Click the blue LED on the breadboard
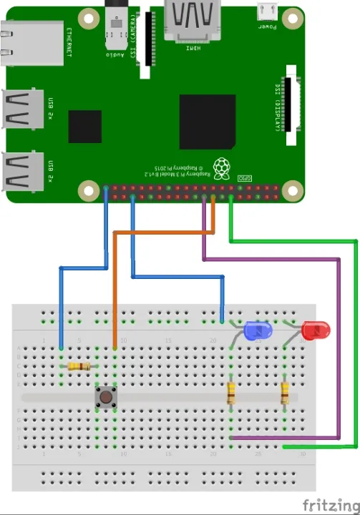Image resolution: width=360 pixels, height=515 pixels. coord(257,331)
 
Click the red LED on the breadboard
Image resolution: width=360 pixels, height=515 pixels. coord(315,331)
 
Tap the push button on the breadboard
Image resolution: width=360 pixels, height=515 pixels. coord(106,397)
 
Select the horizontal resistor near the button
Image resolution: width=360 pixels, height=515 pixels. coord(79,367)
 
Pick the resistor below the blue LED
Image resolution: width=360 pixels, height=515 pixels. coord(230,393)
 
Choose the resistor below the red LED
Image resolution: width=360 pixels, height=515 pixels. coord(285,393)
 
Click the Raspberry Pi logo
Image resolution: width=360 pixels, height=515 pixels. coord(224,168)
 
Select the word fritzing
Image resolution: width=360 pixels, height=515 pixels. coord(329,505)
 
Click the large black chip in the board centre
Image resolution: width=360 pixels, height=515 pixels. coord(208,122)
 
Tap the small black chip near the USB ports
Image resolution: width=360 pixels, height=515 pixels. coord(84,127)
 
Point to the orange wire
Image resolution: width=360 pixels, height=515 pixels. coord(115,286)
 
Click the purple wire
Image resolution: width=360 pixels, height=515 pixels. coord(337,343)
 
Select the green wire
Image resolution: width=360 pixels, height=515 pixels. coord(356,343)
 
